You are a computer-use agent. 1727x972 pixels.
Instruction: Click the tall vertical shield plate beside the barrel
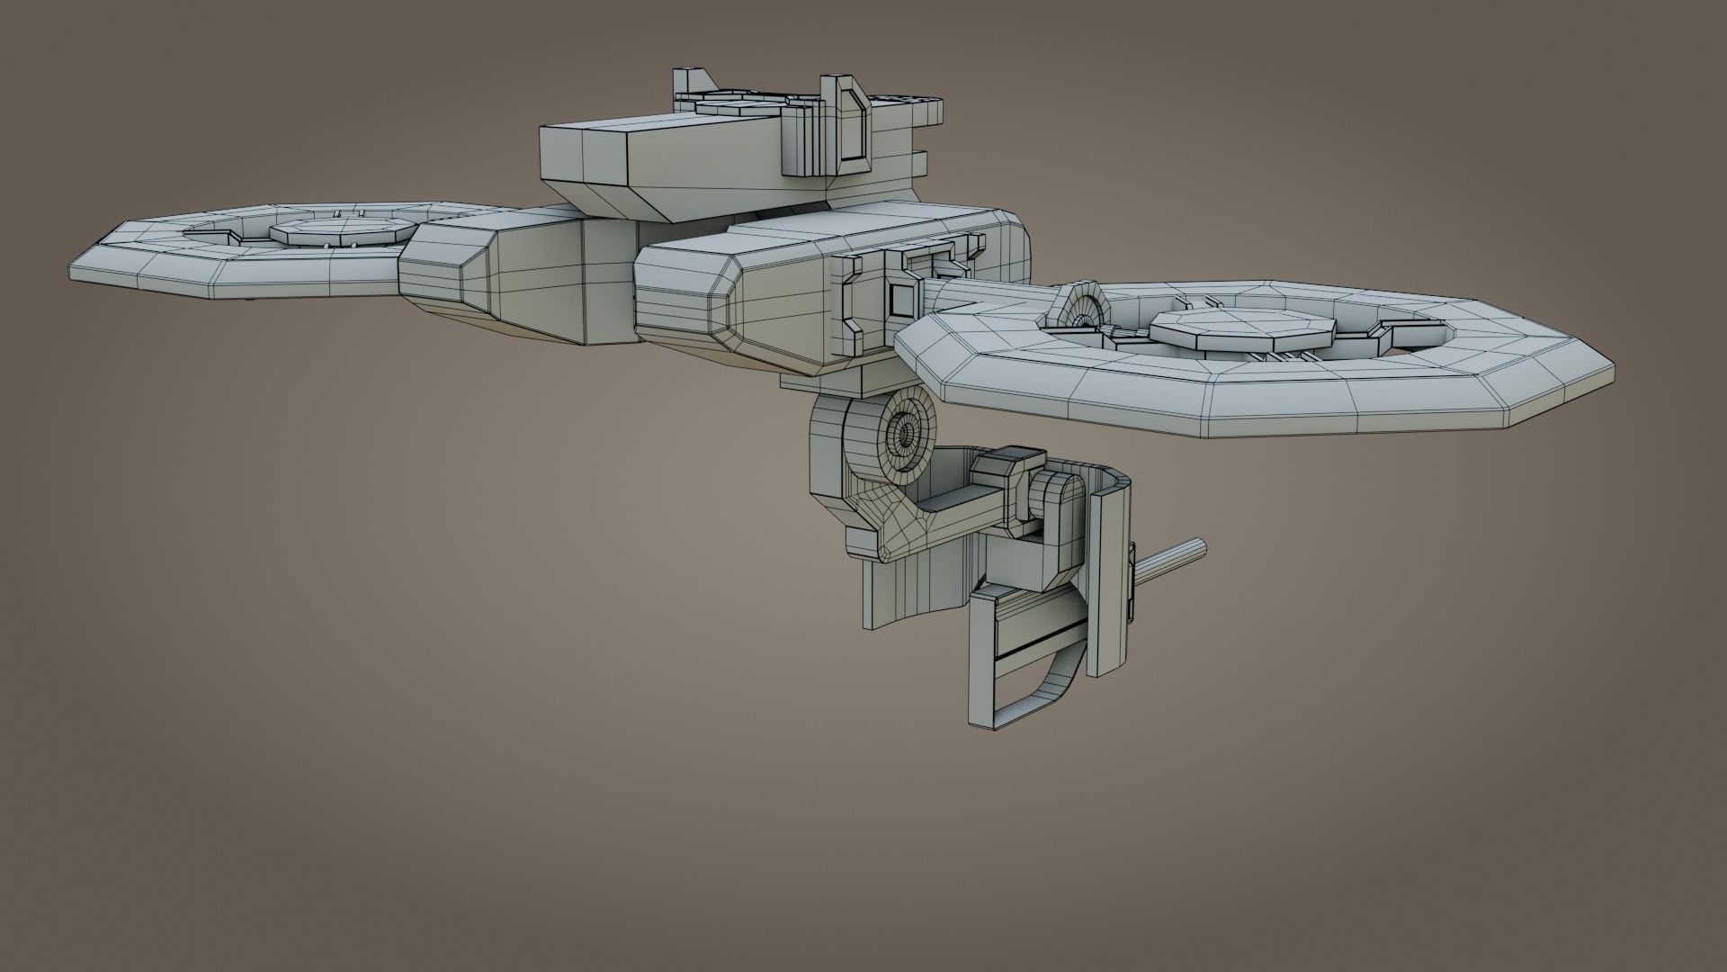click(1107, 576)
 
